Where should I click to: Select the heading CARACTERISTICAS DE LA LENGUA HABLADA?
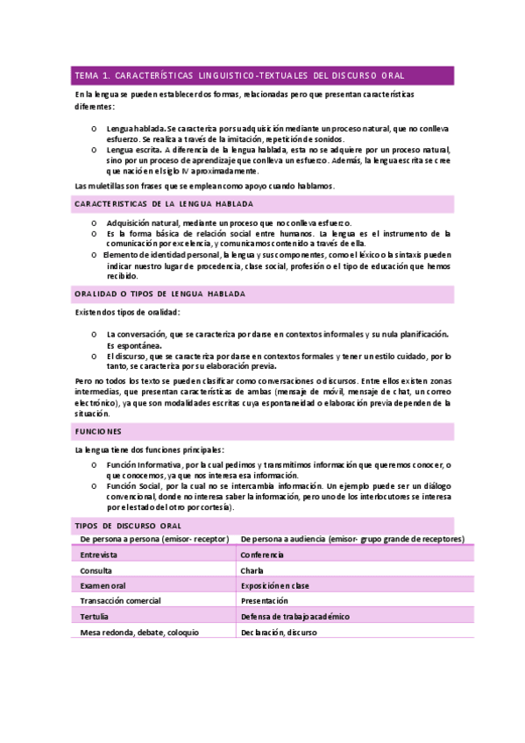(x=164, y=203)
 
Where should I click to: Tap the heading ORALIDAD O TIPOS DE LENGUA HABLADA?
(x=160, y=294)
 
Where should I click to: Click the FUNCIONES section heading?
(x=98, y=432)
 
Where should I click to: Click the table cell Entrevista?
(x=102, y=555)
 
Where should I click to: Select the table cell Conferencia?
(x=262, y=555)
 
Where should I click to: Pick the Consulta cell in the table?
(x=98, y=570)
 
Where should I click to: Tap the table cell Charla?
(x=252, y=570)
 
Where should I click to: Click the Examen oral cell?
(x=103, y=585)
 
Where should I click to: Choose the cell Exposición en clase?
(x=279, y=585)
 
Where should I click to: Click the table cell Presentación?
(x=264, y=601)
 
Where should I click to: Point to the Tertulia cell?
(x=96, y=617)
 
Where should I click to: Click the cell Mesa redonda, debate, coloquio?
(x=139, y=633)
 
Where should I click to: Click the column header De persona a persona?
(x=154, y=539)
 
